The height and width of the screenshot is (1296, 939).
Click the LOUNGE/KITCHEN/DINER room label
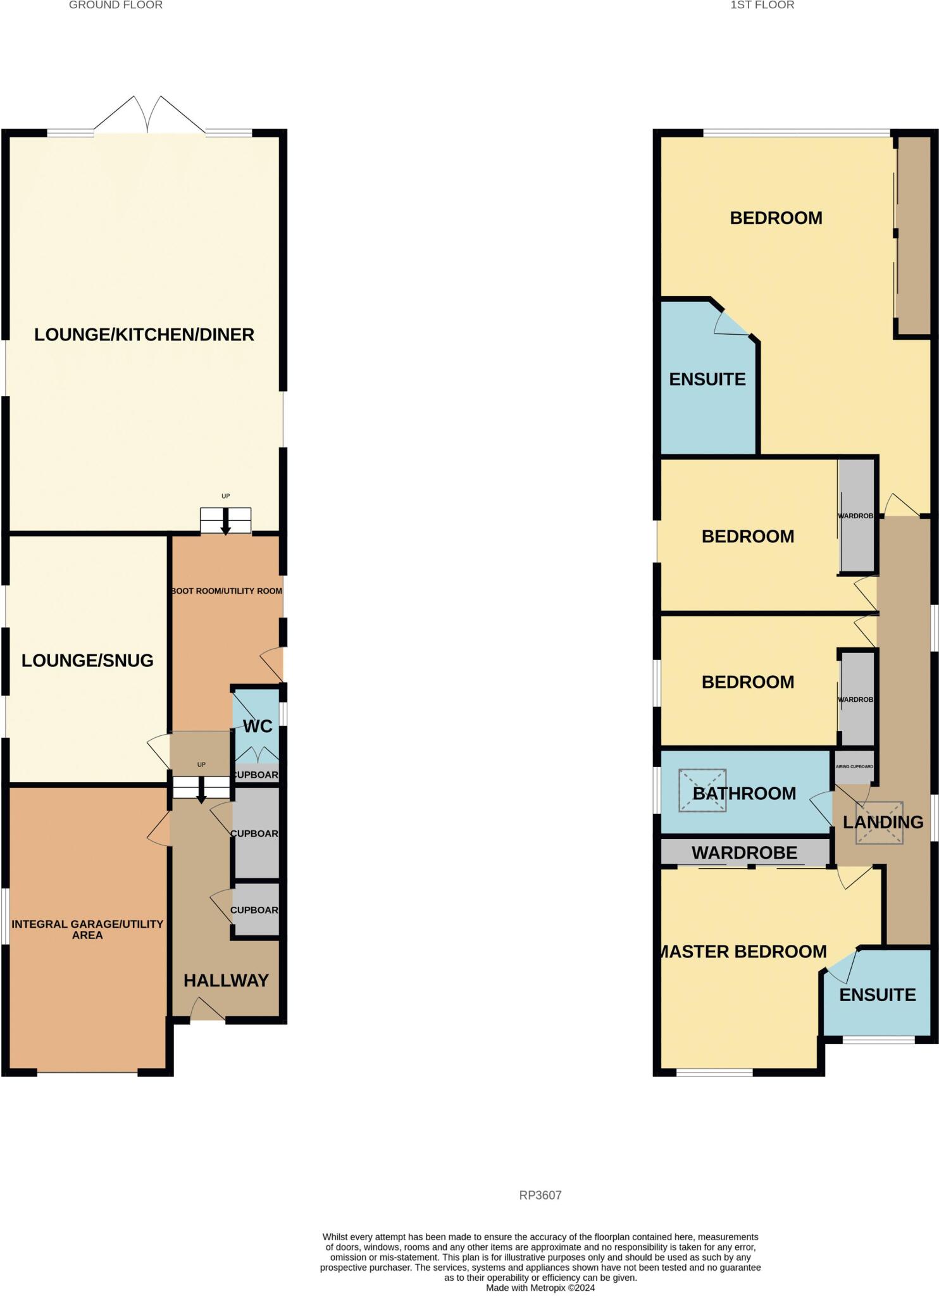144,335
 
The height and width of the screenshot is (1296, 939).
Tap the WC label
258,726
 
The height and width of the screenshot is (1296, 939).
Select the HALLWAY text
226,980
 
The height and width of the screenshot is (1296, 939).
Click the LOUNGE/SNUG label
87,661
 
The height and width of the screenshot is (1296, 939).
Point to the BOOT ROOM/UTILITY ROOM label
227,590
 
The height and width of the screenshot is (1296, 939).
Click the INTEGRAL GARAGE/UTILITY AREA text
87,929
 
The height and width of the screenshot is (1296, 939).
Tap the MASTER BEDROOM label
743,951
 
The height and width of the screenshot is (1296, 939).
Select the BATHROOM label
744,793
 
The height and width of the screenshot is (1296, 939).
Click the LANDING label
883,822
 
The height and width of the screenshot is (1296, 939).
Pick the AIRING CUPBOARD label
854,766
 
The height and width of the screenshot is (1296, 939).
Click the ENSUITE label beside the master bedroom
877,995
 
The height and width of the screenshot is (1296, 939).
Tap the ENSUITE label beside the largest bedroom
707,379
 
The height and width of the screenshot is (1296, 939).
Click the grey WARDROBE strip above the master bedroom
744,852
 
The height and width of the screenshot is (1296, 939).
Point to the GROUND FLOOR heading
116,5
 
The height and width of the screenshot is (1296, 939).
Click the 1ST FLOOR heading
762,5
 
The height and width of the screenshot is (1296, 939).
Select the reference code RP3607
540,1195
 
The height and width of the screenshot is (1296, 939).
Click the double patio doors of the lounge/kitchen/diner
149,117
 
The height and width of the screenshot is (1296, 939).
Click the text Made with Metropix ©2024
540,1288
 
